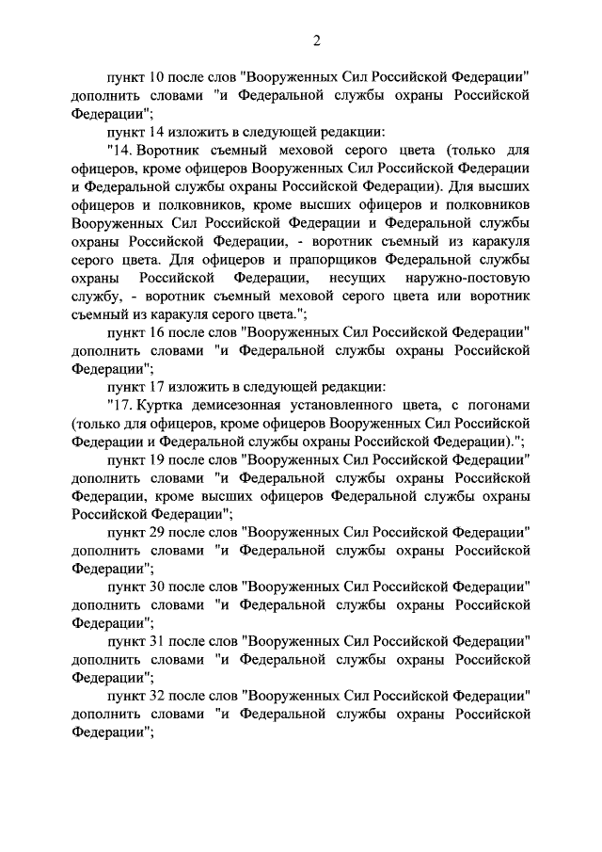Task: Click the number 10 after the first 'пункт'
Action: click(158, 77)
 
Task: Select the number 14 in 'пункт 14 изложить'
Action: click(158, 132)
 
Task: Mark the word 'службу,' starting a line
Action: click(95, 296)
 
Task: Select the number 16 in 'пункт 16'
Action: click(158, 331)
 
